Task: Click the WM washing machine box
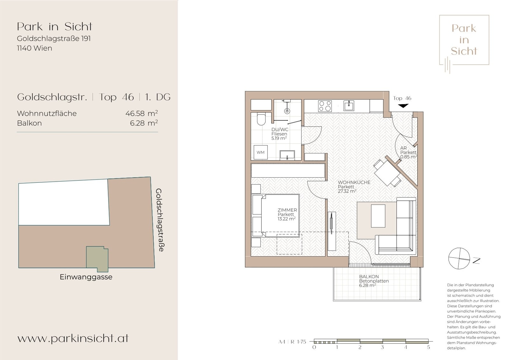pos(261,152)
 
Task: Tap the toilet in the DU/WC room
pos(261,119)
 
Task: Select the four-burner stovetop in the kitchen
pos(325,106)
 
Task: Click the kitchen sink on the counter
pos(349,106)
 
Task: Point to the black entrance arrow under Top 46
pos(403,106)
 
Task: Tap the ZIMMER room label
pos(287,210)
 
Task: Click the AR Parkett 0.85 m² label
pos(408,152)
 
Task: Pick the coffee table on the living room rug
pos(378,216)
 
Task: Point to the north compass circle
pos(459,258)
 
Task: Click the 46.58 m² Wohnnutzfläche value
pos(142,113)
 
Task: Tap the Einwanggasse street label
pos(86,277)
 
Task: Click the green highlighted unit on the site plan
pos(97,259)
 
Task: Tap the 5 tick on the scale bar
pos(429,347)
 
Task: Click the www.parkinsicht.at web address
pos(73,338)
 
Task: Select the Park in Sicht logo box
pos(464,40)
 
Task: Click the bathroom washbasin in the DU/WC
pos(287,155)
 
